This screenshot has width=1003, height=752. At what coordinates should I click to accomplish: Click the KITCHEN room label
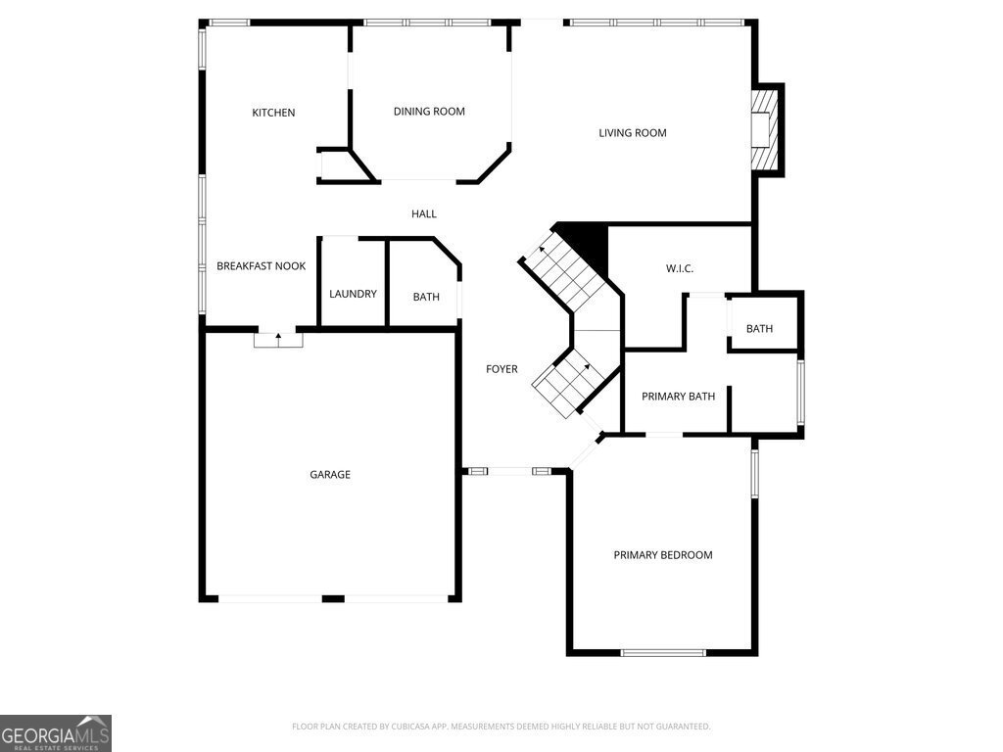click(x=273, y=113)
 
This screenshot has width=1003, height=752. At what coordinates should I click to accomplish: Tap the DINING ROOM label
click(x=429, y=112)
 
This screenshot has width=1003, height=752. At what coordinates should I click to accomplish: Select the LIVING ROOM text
click(x=633, y=133)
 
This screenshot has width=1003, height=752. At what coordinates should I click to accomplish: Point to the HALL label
click(x=424, y=214)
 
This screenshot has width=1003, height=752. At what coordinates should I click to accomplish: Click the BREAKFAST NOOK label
click(x=261, y=266)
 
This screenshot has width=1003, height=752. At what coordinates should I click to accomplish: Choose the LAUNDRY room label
click(x=353, y=294)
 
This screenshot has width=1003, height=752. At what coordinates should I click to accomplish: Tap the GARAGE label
click(x=330, y=475)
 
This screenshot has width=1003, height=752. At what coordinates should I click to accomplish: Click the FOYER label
click(x=501, y=369)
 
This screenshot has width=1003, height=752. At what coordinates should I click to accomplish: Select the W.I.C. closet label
click(x=680, y=268)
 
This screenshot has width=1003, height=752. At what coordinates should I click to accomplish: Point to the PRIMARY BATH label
click(x=678, y=397)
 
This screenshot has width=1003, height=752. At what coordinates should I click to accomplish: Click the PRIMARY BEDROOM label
click(x=663, y=555)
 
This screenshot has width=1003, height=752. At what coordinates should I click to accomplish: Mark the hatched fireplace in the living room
click(x=764, y=129)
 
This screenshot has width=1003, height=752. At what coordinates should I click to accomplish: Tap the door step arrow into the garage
click(x=278, y=338)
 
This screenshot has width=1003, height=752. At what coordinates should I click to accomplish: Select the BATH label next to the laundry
click(x=426, y=297)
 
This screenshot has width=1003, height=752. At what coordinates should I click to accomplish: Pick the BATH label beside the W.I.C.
click(x=759, y=329)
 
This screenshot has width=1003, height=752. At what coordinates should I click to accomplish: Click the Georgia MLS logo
click(x=56, y=733)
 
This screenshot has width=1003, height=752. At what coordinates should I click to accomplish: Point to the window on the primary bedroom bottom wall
click(x=663, y=653)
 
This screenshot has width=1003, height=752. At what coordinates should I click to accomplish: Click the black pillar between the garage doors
click(x=333, y=598)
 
